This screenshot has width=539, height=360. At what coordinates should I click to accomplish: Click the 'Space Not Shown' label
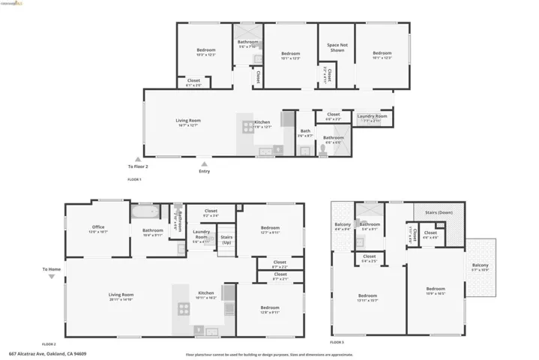[x=337, y=47]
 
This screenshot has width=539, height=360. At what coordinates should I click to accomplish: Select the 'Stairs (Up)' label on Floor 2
[x=226, y=239]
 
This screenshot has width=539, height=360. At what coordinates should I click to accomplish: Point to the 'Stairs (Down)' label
[x=439, y=212]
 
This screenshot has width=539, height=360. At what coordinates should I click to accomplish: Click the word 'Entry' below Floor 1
[x=204, y=171]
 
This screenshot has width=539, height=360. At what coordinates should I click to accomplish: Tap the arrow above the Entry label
[x=204, y=163]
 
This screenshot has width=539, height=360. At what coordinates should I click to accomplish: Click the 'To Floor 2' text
[x=138, y=166]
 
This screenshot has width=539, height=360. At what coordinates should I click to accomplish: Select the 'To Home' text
[x=51, y=269]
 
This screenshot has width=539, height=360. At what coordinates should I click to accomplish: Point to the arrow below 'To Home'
[x=51, y=277]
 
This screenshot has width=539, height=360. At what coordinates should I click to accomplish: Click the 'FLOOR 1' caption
[x=134, y=180]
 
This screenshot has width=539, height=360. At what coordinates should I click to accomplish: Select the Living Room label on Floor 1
[x=188, y=122]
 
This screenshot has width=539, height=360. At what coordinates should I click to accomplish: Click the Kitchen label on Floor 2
[x=206, y=295]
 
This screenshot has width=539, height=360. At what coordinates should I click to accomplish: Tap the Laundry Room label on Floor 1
[x=372, y=117]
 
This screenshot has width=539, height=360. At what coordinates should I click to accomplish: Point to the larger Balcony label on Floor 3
[x=480, y=266]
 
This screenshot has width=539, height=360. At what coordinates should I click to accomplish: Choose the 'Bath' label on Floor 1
[x=305, y=133]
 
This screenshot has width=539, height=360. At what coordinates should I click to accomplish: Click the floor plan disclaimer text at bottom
[x=269, y=353]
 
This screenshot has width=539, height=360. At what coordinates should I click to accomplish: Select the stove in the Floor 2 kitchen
[x=183, y=307]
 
